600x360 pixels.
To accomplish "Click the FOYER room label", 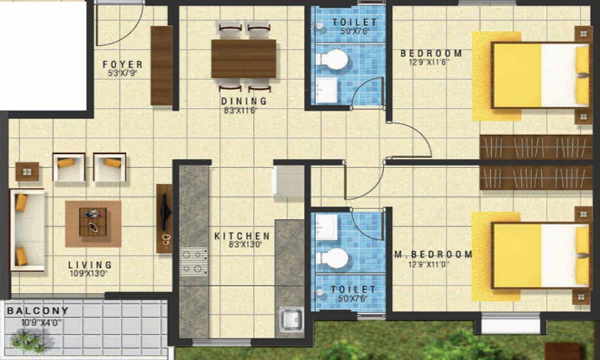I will [122, 64].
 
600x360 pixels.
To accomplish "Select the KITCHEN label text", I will [242, 236].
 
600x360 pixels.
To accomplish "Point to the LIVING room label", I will [90, 265].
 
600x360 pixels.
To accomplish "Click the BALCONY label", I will [37, 311].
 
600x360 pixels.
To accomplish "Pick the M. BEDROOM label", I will [433, 255].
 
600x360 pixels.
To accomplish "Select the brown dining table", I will [244, 58].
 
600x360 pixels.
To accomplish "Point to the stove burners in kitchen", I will [193, 262].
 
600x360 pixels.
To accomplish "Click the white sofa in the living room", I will [28, 230].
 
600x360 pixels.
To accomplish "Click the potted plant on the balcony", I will [28, 340].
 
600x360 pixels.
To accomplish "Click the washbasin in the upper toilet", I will [328, 88].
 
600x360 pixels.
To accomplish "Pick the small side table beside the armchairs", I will [27, 172].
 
